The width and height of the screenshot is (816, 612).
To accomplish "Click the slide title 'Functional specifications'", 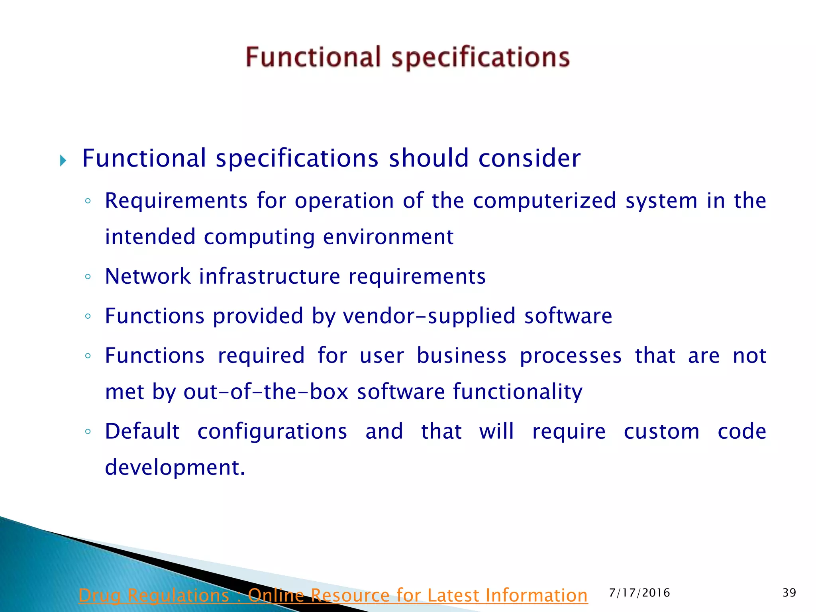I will coord(408,57).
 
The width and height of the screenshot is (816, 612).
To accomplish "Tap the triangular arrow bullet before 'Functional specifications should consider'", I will coord(63,161).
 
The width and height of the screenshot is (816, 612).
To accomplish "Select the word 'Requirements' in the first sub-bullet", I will coord(176,200).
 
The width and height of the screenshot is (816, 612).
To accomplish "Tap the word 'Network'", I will coord(148,276).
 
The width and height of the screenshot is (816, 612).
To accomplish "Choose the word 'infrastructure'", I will coord(270,276).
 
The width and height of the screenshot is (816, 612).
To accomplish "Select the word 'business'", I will coord(462,355).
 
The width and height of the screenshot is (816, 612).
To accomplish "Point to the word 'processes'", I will coord(571,355).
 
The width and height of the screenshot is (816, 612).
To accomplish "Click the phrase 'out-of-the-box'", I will coord(266,392).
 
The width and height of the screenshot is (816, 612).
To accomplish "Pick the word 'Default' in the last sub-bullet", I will coord(142,432).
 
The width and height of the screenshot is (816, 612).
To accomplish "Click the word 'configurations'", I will coord(272,432).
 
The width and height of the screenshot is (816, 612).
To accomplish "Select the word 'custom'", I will coord(661,432).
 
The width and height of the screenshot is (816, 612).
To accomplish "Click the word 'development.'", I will coord(175,467).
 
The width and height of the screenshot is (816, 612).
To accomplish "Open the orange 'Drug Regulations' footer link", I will coord(333,596).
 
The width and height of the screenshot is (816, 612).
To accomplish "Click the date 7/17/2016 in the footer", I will coord(639,593).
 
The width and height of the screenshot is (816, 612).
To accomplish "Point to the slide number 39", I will coord(789,593).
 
